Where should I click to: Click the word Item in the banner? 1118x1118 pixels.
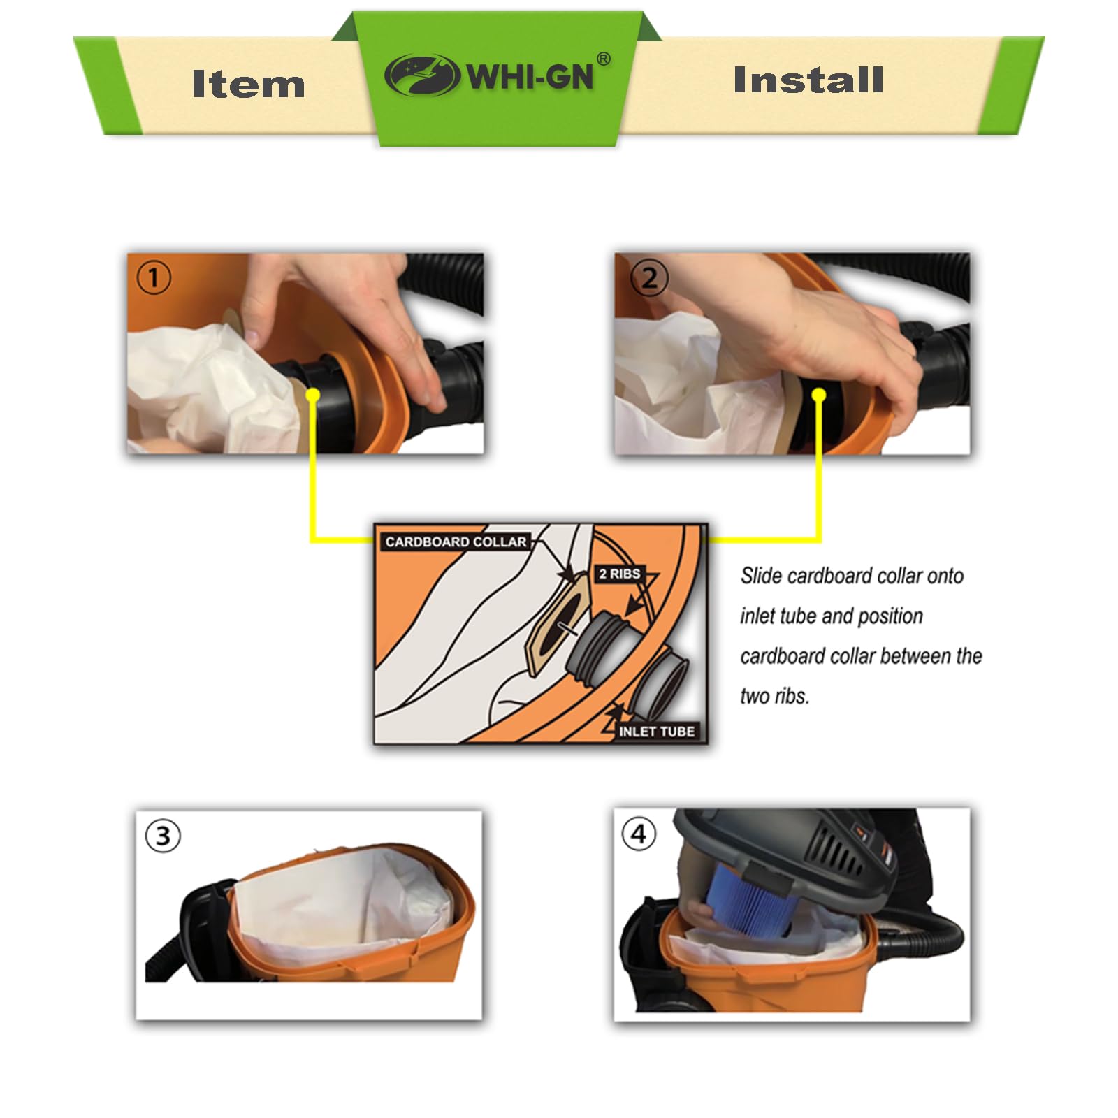(x=248, y=84)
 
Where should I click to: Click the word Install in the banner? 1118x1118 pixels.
(x=808, y=80)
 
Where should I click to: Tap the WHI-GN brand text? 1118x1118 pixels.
(x=530, y=75)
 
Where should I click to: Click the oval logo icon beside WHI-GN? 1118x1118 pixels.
(x=422, y=75)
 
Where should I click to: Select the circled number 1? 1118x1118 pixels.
(x=154, y=277)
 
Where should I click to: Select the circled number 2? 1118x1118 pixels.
(x=649, y=278)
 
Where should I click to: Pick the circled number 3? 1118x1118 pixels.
(x=163, y=836)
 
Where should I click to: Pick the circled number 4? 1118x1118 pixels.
(x=639, y=834)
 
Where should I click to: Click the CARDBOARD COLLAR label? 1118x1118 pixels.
(x=456, y=542)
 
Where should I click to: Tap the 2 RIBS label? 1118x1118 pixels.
(x=620, y=574)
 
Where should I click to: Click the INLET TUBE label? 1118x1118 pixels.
(x=656, y=732)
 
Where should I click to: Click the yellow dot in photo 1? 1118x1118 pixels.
(x=312, y=395)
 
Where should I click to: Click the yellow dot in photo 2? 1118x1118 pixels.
(x=819, y=396)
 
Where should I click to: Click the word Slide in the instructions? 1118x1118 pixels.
(x=761, y=576)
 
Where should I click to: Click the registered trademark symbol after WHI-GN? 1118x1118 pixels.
(x=604, y=59)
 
